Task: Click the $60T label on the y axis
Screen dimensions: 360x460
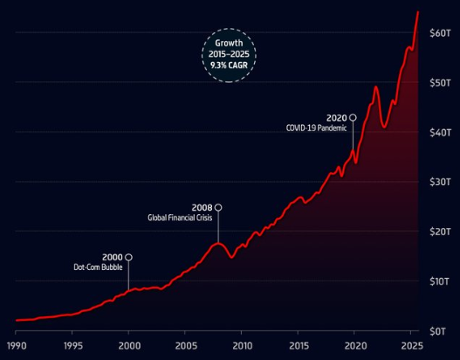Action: (x=440, y=32)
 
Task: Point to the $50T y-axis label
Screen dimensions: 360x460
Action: (x=440, y=82)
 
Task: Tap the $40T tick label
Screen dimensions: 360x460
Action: (x=440, y=132)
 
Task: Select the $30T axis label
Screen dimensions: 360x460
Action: (x=440, y=182)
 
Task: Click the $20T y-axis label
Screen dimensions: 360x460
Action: (x=440, y=232)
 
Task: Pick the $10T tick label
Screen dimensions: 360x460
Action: (x=440, y=281)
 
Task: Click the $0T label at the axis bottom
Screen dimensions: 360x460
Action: (x=442, y=331)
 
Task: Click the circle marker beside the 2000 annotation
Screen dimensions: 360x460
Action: (x=129, y=257)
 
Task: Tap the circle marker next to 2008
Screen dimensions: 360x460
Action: (x=218, y=208)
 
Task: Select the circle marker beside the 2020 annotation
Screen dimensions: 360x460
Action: (x=353, y=117)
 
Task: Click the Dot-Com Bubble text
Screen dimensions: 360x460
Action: (x=98, y=267)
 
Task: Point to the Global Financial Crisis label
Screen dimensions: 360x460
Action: (x=180, y=218)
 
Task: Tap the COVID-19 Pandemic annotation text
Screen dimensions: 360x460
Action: (x=317, y=128)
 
